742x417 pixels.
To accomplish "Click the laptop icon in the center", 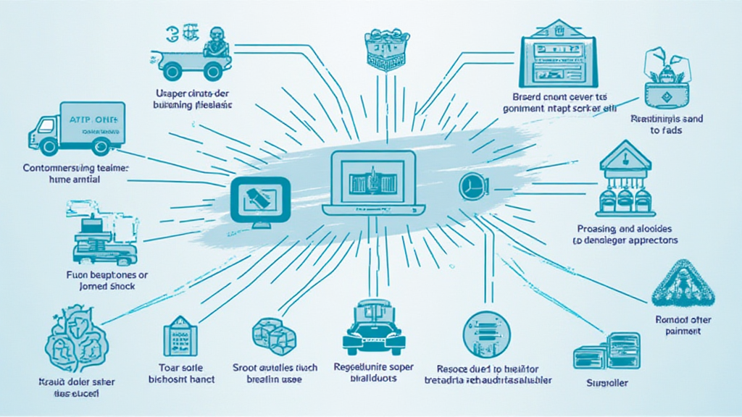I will click(372, 182).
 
